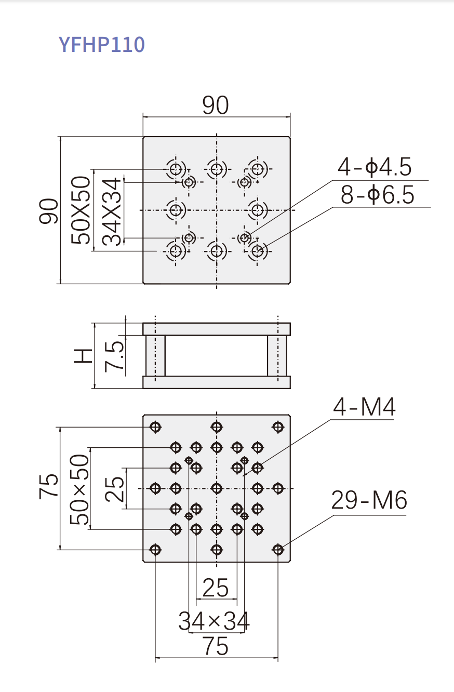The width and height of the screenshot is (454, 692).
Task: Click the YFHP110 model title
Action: [x=102, y=45]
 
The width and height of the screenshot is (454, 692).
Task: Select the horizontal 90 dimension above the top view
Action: [x=216, y=105]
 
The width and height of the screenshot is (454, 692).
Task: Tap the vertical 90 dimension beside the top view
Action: [x=49, y=210]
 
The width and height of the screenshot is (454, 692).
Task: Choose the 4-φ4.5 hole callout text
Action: [x=375, y=168]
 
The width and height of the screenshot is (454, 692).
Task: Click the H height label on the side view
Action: [x=84, y=355]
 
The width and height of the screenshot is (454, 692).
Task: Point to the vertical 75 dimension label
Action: [x=49, y=487]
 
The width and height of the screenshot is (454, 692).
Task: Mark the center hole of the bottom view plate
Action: [x=217, y=488]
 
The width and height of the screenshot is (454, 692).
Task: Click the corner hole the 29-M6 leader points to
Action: [x=278, y=549]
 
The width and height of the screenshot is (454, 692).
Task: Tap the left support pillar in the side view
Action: [x=155, y=355]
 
